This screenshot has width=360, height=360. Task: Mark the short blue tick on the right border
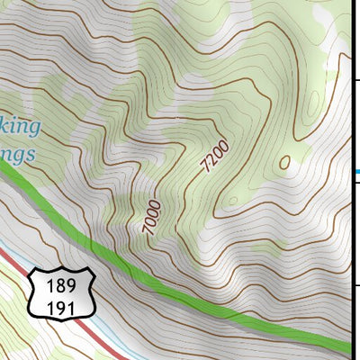click(356, 171)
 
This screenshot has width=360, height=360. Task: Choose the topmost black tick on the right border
click(356, 80)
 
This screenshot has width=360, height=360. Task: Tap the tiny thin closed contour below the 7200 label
click(233, 199)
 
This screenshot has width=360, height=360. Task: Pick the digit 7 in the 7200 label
click(208, 167)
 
